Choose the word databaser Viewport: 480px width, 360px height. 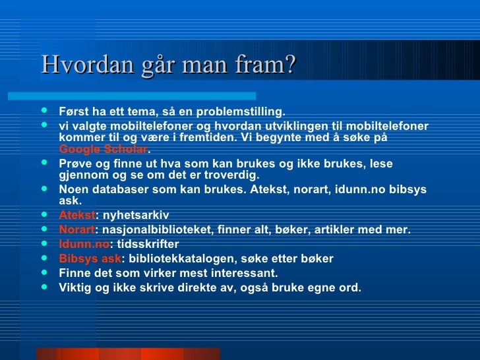[124, 190]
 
